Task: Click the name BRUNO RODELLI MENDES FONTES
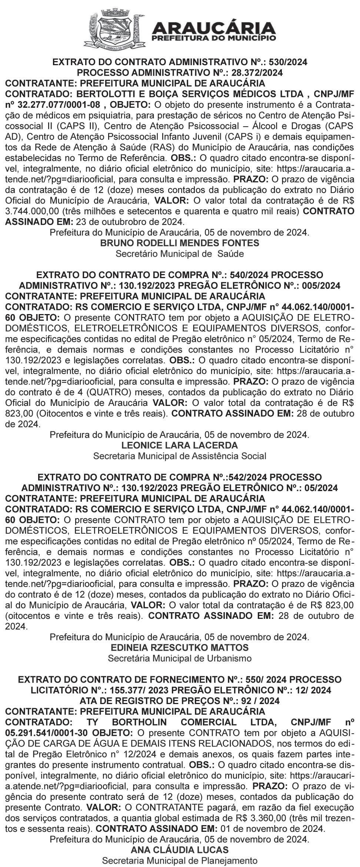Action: tap(180, 243)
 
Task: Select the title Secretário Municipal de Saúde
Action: tap(180, 254)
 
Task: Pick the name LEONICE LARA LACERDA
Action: tap(180, 445)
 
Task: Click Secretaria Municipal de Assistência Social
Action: tap(180, 456)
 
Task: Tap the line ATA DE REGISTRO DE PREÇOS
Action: tap(180, 701)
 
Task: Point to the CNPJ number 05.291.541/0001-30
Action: tap(47, 733)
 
